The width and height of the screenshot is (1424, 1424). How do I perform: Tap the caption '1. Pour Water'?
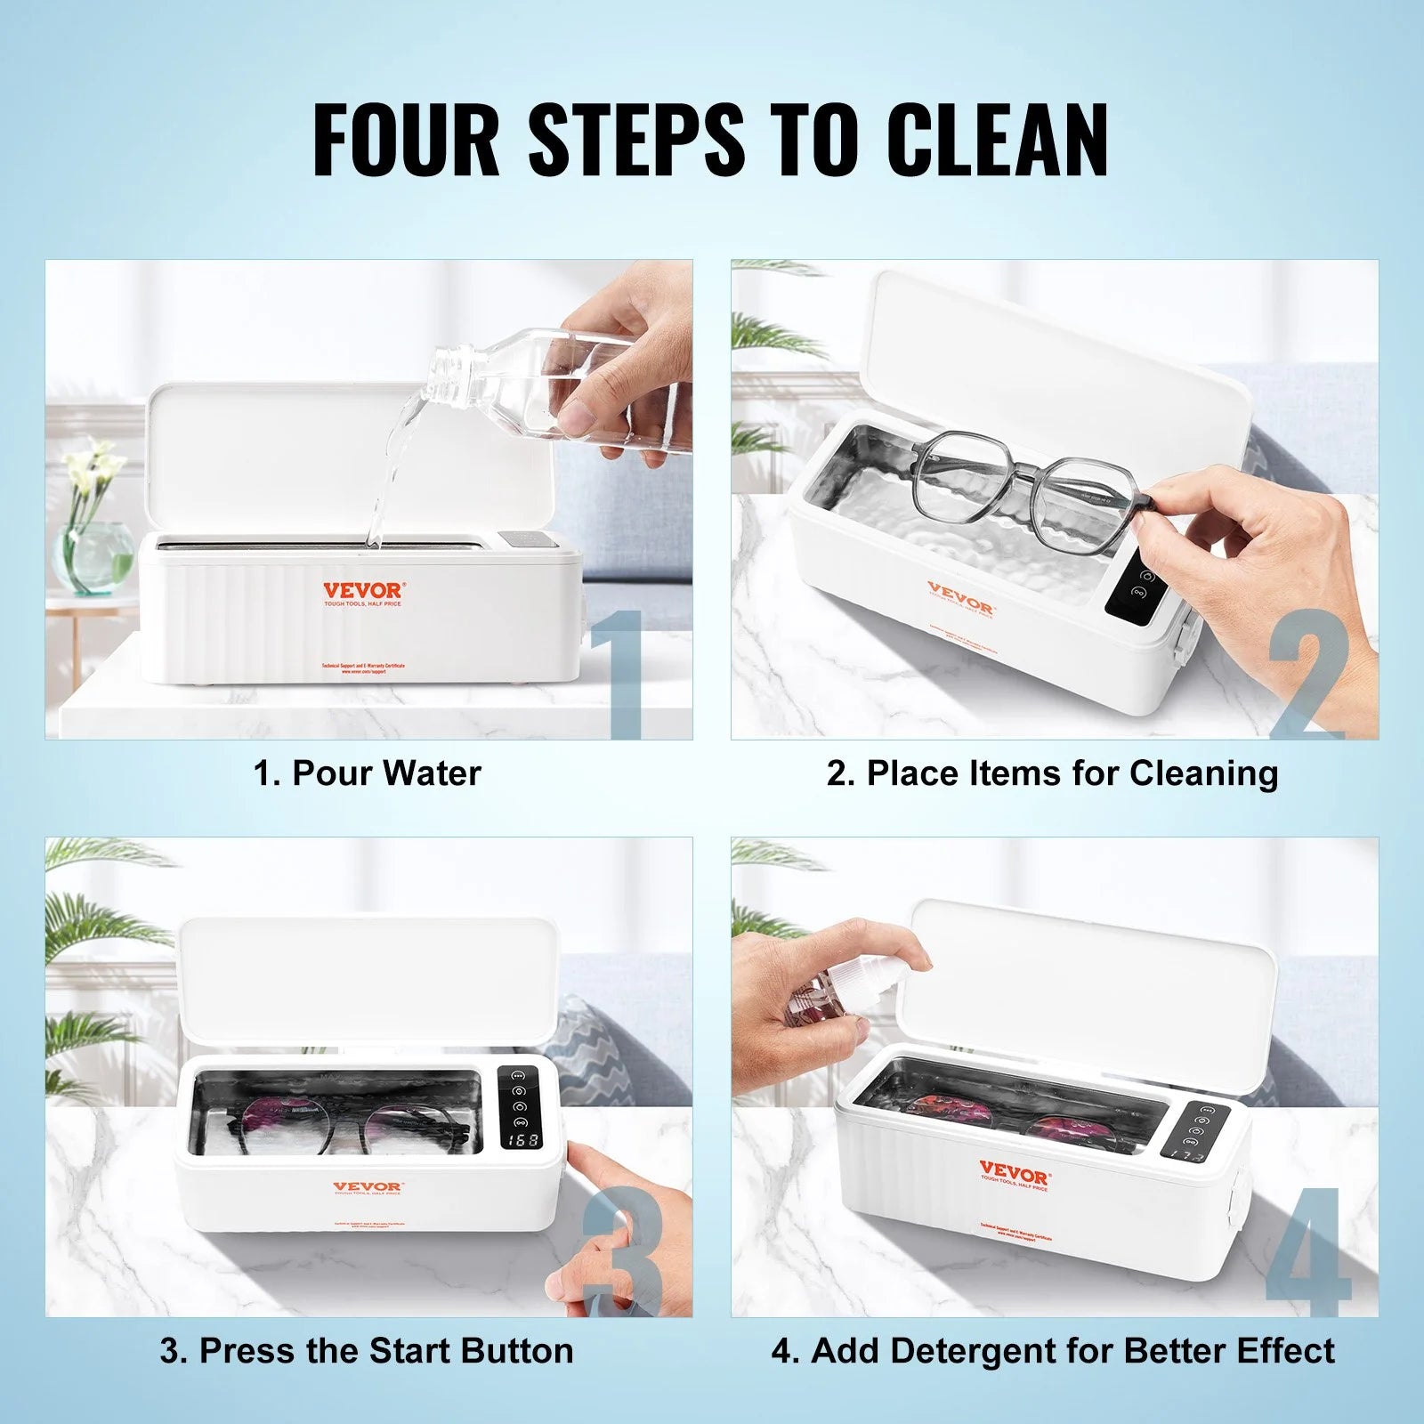pos(367,773)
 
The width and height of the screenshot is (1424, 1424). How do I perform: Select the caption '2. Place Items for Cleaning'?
pos(1052,773)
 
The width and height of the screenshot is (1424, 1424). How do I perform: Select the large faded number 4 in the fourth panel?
pos(1308,1250)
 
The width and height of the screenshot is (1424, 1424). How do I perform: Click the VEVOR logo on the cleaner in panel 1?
pos(363,590)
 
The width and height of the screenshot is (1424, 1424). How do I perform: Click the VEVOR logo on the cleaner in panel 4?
pos(1014,1168)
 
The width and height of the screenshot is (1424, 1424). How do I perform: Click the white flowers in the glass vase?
pos(98,472)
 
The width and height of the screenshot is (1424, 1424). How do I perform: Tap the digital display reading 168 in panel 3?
pos(522,1140)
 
